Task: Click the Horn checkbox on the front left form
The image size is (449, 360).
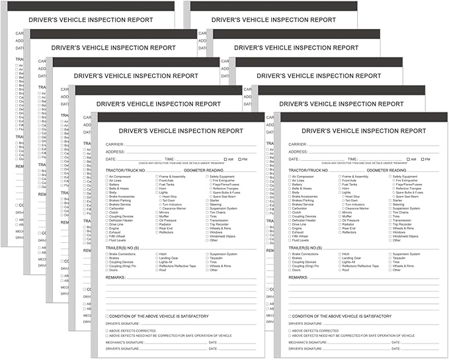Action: tap(157, 189)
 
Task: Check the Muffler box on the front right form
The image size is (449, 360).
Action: tap(339, 216)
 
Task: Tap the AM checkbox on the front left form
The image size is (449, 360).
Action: tap(225, 159)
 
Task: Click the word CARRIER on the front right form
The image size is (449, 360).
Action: tap(298, 144)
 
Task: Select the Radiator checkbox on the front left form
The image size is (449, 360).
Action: tap(157, 224)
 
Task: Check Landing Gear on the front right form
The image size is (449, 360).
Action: tap(339, 258)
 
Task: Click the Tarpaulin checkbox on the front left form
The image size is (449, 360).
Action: tap(207, 258)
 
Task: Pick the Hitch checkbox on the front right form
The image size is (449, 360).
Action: tap(339, 254)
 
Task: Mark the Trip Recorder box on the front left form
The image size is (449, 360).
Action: tap(207, 224)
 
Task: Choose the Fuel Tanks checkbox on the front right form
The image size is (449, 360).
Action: tap(339, 185)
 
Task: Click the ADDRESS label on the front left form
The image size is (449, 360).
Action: tap(116, 152)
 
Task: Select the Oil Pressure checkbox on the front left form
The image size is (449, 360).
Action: tap(157, 220)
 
